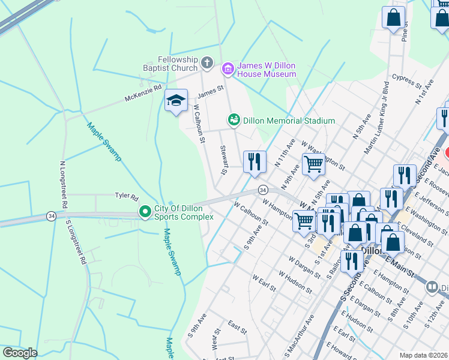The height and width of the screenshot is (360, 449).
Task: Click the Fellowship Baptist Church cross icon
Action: [x=206, y=62]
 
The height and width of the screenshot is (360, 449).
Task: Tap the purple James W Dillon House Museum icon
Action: [x=228, y=69]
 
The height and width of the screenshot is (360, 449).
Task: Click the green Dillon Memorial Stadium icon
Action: [x=234, y=120]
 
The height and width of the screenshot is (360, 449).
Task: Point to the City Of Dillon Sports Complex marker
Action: [x=145, y=212]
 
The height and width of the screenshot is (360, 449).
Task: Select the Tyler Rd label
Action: [x=127, y=196]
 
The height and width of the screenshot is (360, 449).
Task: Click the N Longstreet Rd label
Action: [x=62, y=184]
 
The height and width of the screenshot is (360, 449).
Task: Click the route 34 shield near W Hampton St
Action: [x=263, y=190]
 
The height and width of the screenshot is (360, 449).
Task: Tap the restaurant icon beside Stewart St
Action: [x=255, y=161]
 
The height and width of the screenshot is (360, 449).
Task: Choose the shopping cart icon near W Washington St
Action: [x=313, y=164]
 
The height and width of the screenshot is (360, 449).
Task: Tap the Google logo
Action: [x=20, y=353]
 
